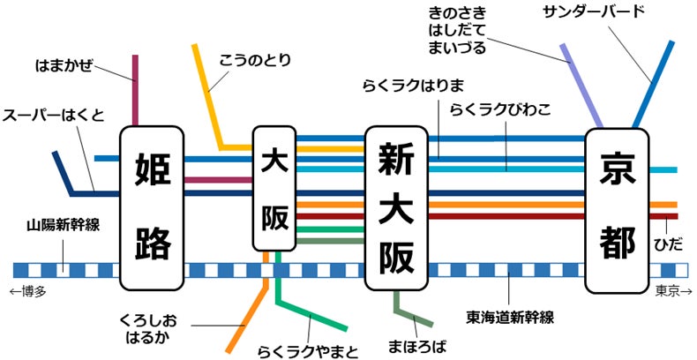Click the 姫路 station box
(x=152, y=208)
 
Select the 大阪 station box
(x=274, y=191)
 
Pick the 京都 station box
(x=619, y=209)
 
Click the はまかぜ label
(x=64, y=65)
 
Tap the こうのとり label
(x=256, y=60)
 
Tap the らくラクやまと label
(x=308, y=351)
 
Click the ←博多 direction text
(x=29, y=291)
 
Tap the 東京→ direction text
(x=672, y=291)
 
